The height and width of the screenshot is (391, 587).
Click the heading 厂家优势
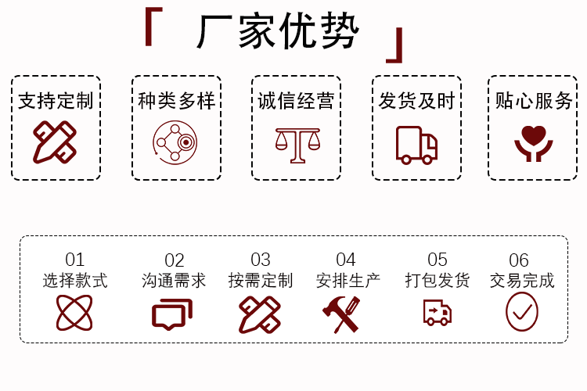(x=278, y=33)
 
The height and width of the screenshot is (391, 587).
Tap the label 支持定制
(x=56, y=101)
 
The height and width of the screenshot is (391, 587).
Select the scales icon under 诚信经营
(x=297, y=144)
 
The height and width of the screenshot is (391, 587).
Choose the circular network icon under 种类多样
(x=175, y=142)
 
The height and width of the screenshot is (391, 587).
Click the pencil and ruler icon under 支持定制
(x=55, y=142)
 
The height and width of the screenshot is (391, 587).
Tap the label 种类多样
(x=176, y=101)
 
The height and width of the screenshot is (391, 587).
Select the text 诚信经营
(x=296, y=101)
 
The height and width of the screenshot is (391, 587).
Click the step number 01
(x=74, y=260)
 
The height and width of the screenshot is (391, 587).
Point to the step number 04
(x=346, y=260)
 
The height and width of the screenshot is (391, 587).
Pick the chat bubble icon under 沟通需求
(x=171, y=314)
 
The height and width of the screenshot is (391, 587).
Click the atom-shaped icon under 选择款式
(x=74, y=313)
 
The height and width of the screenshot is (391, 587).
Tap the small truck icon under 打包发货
(x=437, y=313)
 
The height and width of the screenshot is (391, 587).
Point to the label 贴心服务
(x=534, y=101)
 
